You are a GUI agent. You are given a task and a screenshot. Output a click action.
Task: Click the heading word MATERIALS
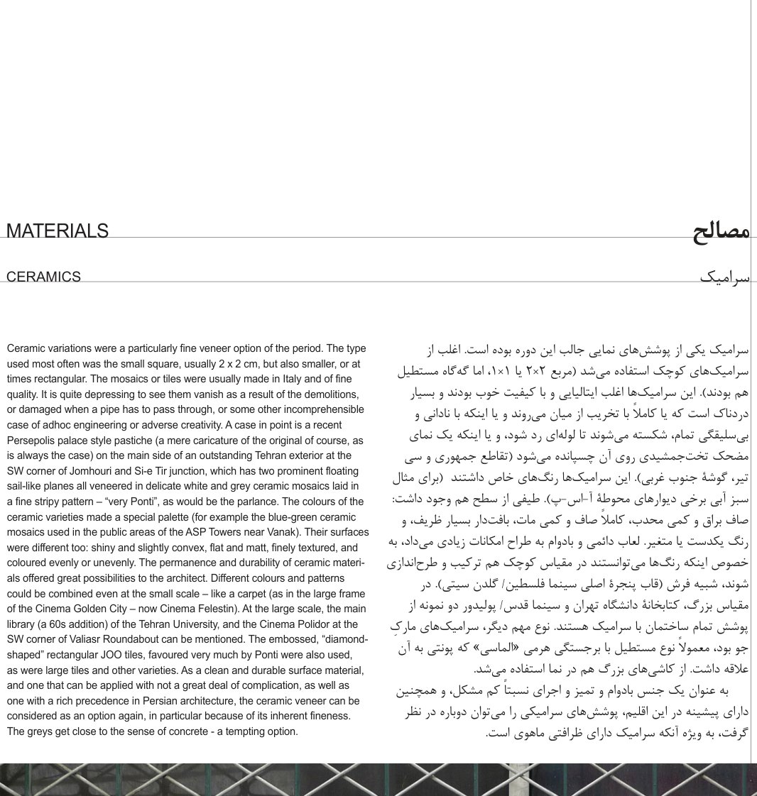pos(58,231)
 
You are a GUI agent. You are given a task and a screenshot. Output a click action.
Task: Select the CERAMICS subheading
pos(44,277)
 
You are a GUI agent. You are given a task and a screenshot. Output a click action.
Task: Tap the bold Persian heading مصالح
pos(721,233)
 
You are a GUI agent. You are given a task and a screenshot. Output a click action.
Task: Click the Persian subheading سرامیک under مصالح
pos(724,277)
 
